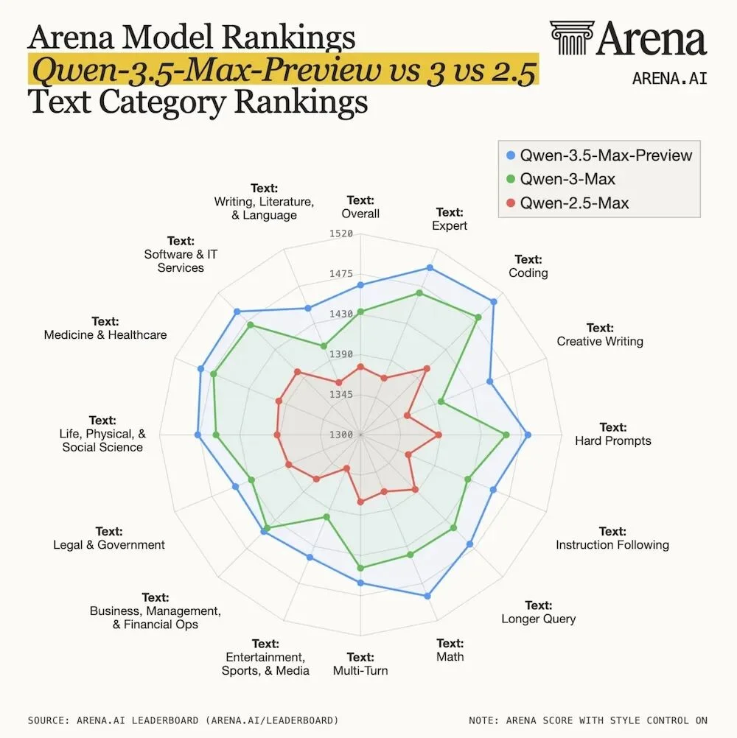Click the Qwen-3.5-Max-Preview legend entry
tap(598, 155)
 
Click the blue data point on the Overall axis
tap(360, 284)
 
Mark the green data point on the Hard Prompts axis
tap(506, 435)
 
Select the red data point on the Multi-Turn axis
tap(360, 502)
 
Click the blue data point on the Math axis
tap(428, 595)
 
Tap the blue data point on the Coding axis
tap(494, 302)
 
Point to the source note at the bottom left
tap(183, 720)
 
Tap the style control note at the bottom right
tap(587, 720)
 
